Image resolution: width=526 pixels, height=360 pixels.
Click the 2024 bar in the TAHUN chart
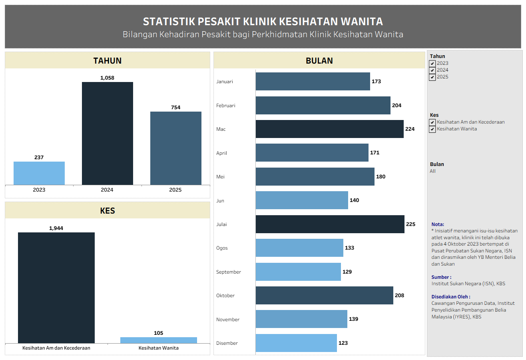tap(107, 133)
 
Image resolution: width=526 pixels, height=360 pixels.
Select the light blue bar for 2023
tap(39, 173)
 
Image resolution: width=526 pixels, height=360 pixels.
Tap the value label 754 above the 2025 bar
tap(175, 107)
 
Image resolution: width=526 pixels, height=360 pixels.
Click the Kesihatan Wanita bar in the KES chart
tap(158, 340)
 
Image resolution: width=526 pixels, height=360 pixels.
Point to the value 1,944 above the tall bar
tap(56, 228)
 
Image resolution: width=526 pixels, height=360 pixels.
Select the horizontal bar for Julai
tap(330, 224)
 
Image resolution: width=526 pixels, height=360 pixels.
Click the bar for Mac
tap(329, 129)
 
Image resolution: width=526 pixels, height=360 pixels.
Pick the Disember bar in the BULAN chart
tap(296, 343)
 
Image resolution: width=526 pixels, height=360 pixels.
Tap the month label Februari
tap(226, 106)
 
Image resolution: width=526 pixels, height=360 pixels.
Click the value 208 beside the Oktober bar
tap(399, 295)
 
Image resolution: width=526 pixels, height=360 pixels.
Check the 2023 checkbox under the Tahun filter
tap(432, 64)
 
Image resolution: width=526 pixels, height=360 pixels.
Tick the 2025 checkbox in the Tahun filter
tap(432, 77)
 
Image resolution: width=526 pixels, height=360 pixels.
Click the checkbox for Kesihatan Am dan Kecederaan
tap(432, 122)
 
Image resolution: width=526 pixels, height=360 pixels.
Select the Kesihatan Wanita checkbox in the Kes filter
tap(432, 129)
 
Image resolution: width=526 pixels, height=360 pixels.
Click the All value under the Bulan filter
tap(433, 171)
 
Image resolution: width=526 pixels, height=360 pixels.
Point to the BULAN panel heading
tap(319, 61)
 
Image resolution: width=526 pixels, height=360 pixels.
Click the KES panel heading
tap(108, 210)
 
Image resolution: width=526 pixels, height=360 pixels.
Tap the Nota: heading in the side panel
tap(438, 224)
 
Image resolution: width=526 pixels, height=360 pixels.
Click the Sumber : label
tap(441, 277)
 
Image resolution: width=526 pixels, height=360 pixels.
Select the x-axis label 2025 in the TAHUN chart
tap(175, 190)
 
